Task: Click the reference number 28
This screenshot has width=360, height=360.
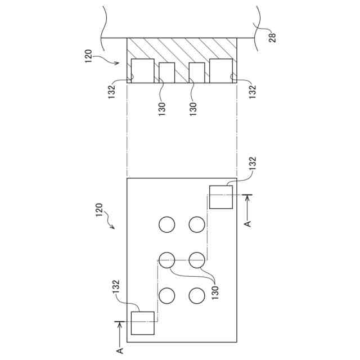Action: tap(272, 37)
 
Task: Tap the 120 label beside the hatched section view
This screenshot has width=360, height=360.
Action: tap(89, 56)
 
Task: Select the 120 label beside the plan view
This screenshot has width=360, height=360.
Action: tap(99, 210)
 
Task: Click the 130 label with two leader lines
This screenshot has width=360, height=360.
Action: tap(215, 292)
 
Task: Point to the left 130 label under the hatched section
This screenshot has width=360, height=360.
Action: tap(162, 109)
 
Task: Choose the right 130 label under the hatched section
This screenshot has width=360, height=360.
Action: tap(193, 109)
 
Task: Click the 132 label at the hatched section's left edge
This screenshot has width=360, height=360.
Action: tap(112, 92)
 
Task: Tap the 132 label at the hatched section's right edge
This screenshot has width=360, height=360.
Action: tap(252, 92)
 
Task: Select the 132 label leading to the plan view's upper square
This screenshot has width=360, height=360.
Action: tap(253, 164)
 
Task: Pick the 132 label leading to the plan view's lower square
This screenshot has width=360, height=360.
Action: tap(116, 286)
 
